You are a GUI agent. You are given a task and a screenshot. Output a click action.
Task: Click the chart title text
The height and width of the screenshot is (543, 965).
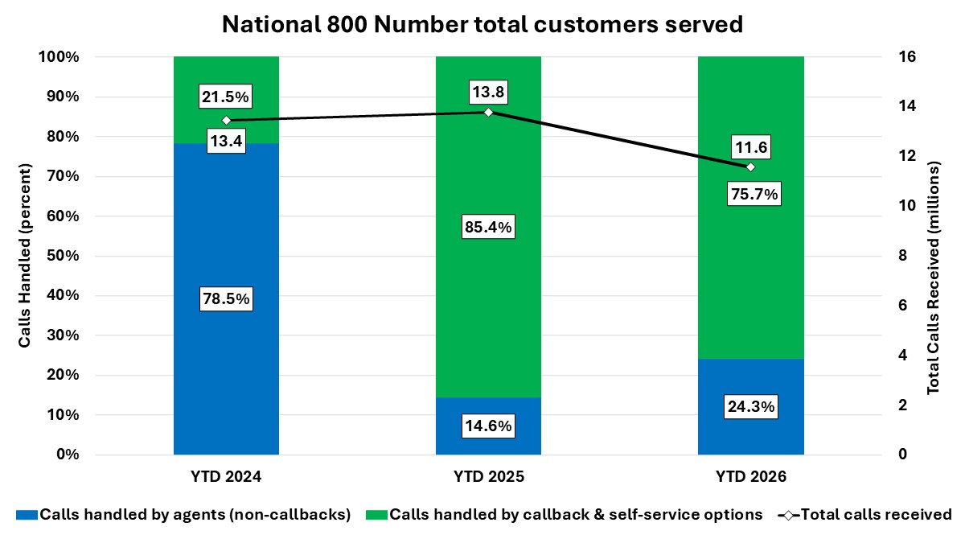click(x=482, y=24)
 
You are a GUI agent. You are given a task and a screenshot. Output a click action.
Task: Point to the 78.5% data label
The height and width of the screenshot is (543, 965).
click(x=226, y=299)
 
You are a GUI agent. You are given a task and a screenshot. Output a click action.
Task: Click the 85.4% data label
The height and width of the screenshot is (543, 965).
click(x=488, y=228)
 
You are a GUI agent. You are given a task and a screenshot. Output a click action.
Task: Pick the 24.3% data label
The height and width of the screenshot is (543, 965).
click(x=749, y=407)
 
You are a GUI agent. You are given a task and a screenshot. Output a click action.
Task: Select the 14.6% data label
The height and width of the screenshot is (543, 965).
click(x=488, y=426)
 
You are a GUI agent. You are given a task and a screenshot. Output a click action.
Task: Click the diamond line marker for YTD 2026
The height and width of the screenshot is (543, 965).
click(x=750, y=167)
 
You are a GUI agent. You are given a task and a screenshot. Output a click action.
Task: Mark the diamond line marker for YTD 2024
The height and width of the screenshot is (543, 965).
click(x=226, y=121)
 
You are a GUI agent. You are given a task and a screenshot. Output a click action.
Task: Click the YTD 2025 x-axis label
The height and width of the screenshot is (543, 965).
click(x=488, y=476)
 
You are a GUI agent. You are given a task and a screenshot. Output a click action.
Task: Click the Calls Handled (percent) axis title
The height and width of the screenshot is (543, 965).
click(x=25, y=256)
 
